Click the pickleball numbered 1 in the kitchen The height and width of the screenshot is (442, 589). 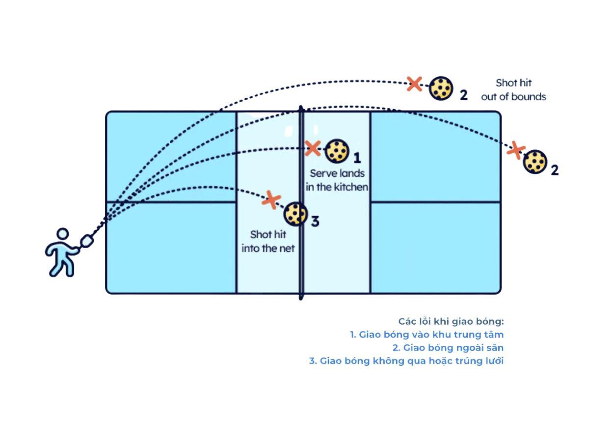pos(337,151)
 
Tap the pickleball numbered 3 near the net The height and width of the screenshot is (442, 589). pos(295,214)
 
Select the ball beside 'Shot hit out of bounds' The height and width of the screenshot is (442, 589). pos(441,88)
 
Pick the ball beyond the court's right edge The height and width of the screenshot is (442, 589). pos(535,162)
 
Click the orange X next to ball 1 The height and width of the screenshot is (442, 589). pos(313,148)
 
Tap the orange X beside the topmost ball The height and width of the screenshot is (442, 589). pos(415,83)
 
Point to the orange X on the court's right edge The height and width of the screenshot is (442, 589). pos(515,150)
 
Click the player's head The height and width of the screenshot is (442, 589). pos(62,235)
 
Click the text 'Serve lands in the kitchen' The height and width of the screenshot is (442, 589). pos(337,180)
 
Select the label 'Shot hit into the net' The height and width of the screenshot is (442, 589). pos(268,242)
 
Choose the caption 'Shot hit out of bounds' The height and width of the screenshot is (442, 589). pos(513,90)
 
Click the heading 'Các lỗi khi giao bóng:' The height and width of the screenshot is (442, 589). pos(451,321)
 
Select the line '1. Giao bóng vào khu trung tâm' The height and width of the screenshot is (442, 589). pos(427,334)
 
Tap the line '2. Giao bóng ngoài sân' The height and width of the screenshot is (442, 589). pos(448,348)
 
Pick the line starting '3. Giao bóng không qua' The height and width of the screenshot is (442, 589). pos(406,361)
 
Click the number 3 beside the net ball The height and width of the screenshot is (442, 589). pos(315,221)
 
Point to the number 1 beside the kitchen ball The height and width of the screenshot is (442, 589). pos(357,158)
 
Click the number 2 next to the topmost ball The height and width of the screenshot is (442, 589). pos(463,95)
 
